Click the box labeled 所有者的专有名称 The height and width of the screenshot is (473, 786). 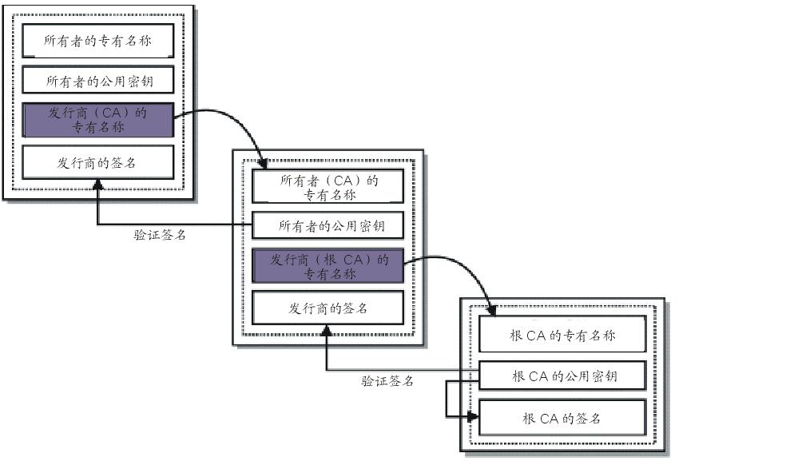coord(97,39)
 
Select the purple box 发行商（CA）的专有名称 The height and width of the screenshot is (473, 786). coord(97,120)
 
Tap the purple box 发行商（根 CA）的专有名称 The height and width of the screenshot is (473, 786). coord(328,266)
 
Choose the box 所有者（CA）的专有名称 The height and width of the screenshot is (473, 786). coord(328,187)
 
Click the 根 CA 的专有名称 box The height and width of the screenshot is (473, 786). coord(562,336)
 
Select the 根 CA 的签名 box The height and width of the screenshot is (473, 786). coord(562,418)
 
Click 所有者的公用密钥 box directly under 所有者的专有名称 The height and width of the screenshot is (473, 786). coord(97,81)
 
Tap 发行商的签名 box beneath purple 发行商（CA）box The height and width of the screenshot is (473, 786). coord(97,162)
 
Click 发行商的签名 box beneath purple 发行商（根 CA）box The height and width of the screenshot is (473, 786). coord(328,308)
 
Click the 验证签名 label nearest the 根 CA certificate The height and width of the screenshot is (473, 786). coord(387,381)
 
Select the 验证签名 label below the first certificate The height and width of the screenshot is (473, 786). coord(160,236)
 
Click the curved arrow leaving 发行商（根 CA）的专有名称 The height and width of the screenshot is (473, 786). coord(455,264)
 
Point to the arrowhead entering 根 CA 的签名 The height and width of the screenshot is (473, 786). coord(474,416)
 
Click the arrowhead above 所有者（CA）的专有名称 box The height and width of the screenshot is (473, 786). coord(264,165)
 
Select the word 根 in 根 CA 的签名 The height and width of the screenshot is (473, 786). coord(529,418)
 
